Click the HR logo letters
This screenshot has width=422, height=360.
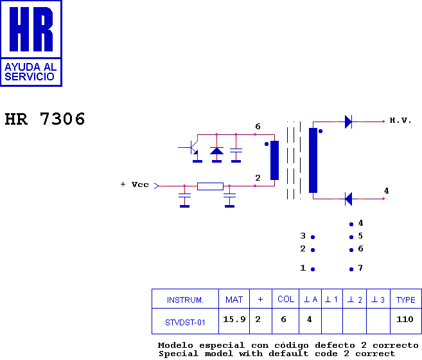[x=31, y=30]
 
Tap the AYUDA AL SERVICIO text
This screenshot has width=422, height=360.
[x=30, y=71]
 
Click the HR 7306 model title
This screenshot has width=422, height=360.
[x=45, y=119]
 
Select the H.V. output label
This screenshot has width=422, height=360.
[x=400, y=120]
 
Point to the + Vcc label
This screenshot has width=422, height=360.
[x=134, y=184]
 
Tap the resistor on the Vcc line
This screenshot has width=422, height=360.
[x=210, y=186]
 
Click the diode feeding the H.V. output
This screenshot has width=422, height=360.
[x=348, y=121]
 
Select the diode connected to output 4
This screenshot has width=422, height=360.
[x=348, y=199]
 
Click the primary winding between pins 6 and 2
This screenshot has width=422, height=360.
[x=274, y=160]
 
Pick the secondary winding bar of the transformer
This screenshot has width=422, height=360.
[x=313, y=160]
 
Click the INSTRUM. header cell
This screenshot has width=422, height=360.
[x=185, y=300]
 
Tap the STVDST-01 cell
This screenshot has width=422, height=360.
[x=185, y=321]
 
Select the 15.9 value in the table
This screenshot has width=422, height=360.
[x=234, y=319]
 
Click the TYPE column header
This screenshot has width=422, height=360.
[x=405, y=300]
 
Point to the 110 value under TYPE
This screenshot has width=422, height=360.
[x=405, y=319]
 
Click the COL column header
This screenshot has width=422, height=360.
[x=286, y=300]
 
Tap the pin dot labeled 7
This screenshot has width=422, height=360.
[x=351, y=269]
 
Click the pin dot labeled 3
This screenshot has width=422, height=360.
[x=313, y=237]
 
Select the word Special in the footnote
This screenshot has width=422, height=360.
[x=178, y=354]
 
